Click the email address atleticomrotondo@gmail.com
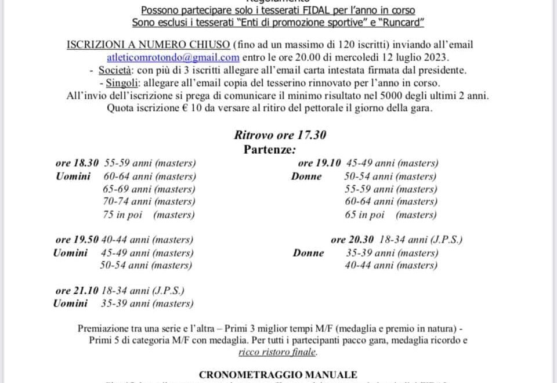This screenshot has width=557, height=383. coord(173,57)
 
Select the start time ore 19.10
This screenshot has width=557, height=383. coord(319,163)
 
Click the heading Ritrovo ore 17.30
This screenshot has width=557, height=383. coord(280,135)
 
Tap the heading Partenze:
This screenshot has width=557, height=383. coord(270,149)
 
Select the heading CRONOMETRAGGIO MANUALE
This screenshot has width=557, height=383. coord(278,375)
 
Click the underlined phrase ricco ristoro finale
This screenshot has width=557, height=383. coord(278,352)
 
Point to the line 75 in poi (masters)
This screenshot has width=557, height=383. coord(149,214)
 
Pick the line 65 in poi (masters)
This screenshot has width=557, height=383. coord(390,214)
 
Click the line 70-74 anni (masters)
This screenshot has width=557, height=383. coord(149,201)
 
